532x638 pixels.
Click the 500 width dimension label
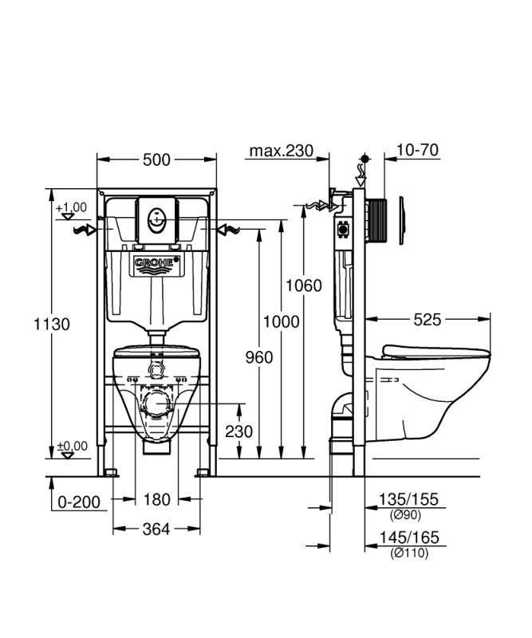pyautogui.click(x=156, y=160)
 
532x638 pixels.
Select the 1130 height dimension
pyautogui.click(x=52, y=325)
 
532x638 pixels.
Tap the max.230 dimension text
pyautogui.click(x=282, y=151)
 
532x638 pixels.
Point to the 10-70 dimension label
pyautogui.click(x=418, y=150)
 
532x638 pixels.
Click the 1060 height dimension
pyautogui.click(x=304, y=286)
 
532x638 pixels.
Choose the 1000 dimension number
pyautogui.click(x=282, y=322)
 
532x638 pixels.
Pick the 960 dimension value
pyautogui.click(x=259, y=357)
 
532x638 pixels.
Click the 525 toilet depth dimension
pyautogui.click(x=428, y=320)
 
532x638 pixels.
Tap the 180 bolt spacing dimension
pyautogui.click(x=156, y=499)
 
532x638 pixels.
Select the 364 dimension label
pyautogui.click(x=156, y=529)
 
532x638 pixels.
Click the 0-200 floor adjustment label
pyautogui.click(x=79, y=502)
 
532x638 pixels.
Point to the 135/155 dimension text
pyautogui.click(x=408, y=499)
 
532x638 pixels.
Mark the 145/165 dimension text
pyautogui.click(x=409, y=538)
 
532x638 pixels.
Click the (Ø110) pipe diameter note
pyautogui.click(x=409, y=553)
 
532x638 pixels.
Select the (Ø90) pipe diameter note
pyautogui.click(x=405, y=514)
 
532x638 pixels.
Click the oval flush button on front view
pyautogui.click(x=157, y=221)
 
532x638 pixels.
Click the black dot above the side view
pyautogui.click(x=365, y=158)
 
